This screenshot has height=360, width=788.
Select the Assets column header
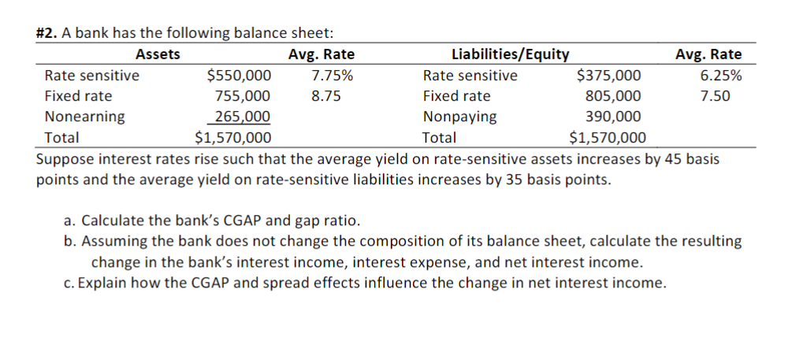(x=158, y=54)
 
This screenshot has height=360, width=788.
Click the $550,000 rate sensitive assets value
(x=238, y=76)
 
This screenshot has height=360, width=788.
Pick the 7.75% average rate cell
(x=332, y=76)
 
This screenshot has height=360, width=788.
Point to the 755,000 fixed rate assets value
(x=243, y=96)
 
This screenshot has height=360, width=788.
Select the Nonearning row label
(x=84, y=117)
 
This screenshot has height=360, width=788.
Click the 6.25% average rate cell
(x=720, y=76)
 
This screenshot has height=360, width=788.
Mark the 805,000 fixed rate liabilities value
(x=613, y=96)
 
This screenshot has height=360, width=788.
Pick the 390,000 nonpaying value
(x=613, y=117)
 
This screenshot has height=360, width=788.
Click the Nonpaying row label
(x=459, y=117)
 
